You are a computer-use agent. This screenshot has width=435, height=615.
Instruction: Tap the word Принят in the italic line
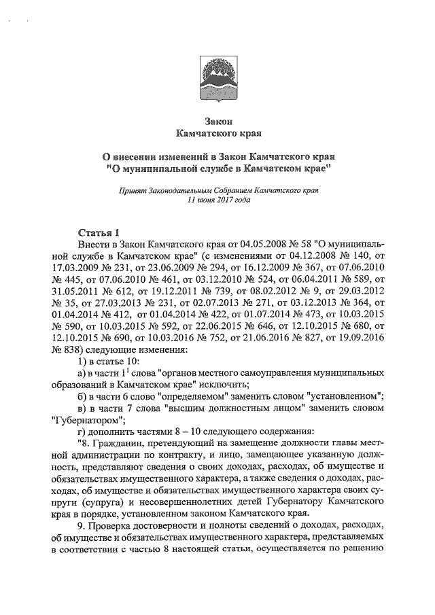133,192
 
